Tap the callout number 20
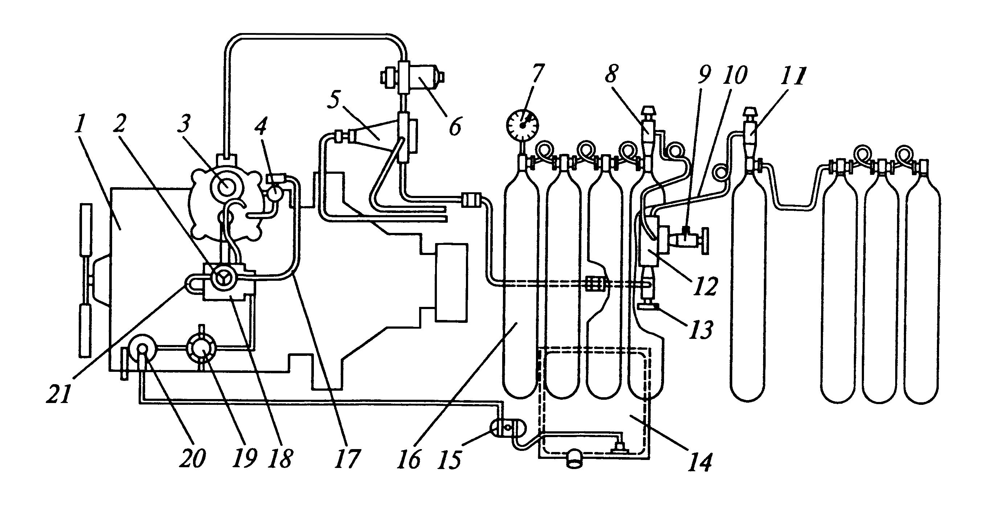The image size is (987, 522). [x=193, y=457]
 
